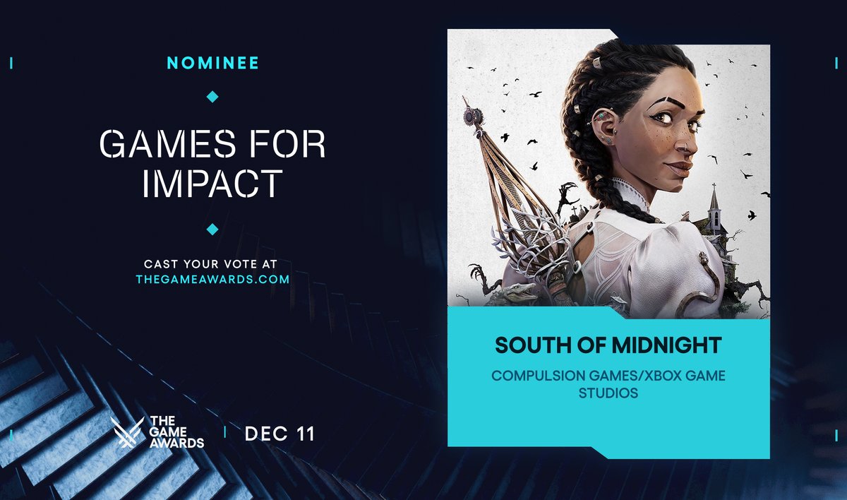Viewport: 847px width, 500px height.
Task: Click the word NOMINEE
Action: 212,64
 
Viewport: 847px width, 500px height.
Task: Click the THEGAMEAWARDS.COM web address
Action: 212,279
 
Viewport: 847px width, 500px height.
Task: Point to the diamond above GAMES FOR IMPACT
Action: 212,96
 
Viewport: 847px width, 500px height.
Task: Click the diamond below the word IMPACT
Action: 212,229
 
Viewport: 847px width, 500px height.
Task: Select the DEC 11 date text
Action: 280,434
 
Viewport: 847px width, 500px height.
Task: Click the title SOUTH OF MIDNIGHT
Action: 608,345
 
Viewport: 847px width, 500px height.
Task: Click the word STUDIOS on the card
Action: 608,392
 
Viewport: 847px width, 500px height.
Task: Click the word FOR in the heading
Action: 291,144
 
